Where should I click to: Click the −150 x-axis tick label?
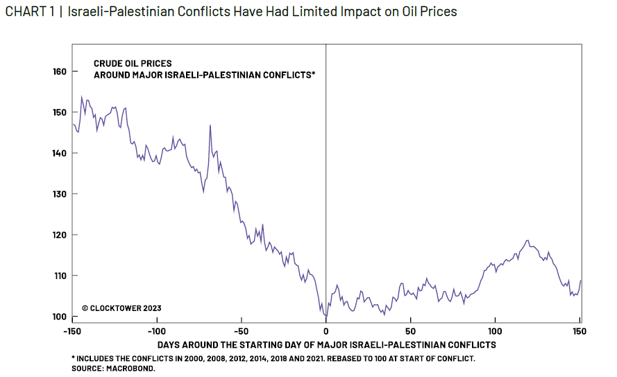[x=72, y=330]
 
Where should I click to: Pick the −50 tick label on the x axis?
[x=241, y=330]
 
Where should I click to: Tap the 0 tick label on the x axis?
[x=326, y=330]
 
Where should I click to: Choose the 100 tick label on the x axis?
[x=495, y=330]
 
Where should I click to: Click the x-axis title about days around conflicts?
[x=326, y=344]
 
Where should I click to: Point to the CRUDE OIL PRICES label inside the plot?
[x=133, y=63]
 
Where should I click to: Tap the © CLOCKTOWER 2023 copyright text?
[x=121, y=308]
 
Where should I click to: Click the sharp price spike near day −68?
[x=210, y=126]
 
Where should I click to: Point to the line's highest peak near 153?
[x=82, y=97]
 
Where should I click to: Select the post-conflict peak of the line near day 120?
[x=528, y=240]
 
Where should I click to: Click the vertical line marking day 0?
[x=326, y=174]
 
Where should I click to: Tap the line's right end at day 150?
[x=580, y=280]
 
